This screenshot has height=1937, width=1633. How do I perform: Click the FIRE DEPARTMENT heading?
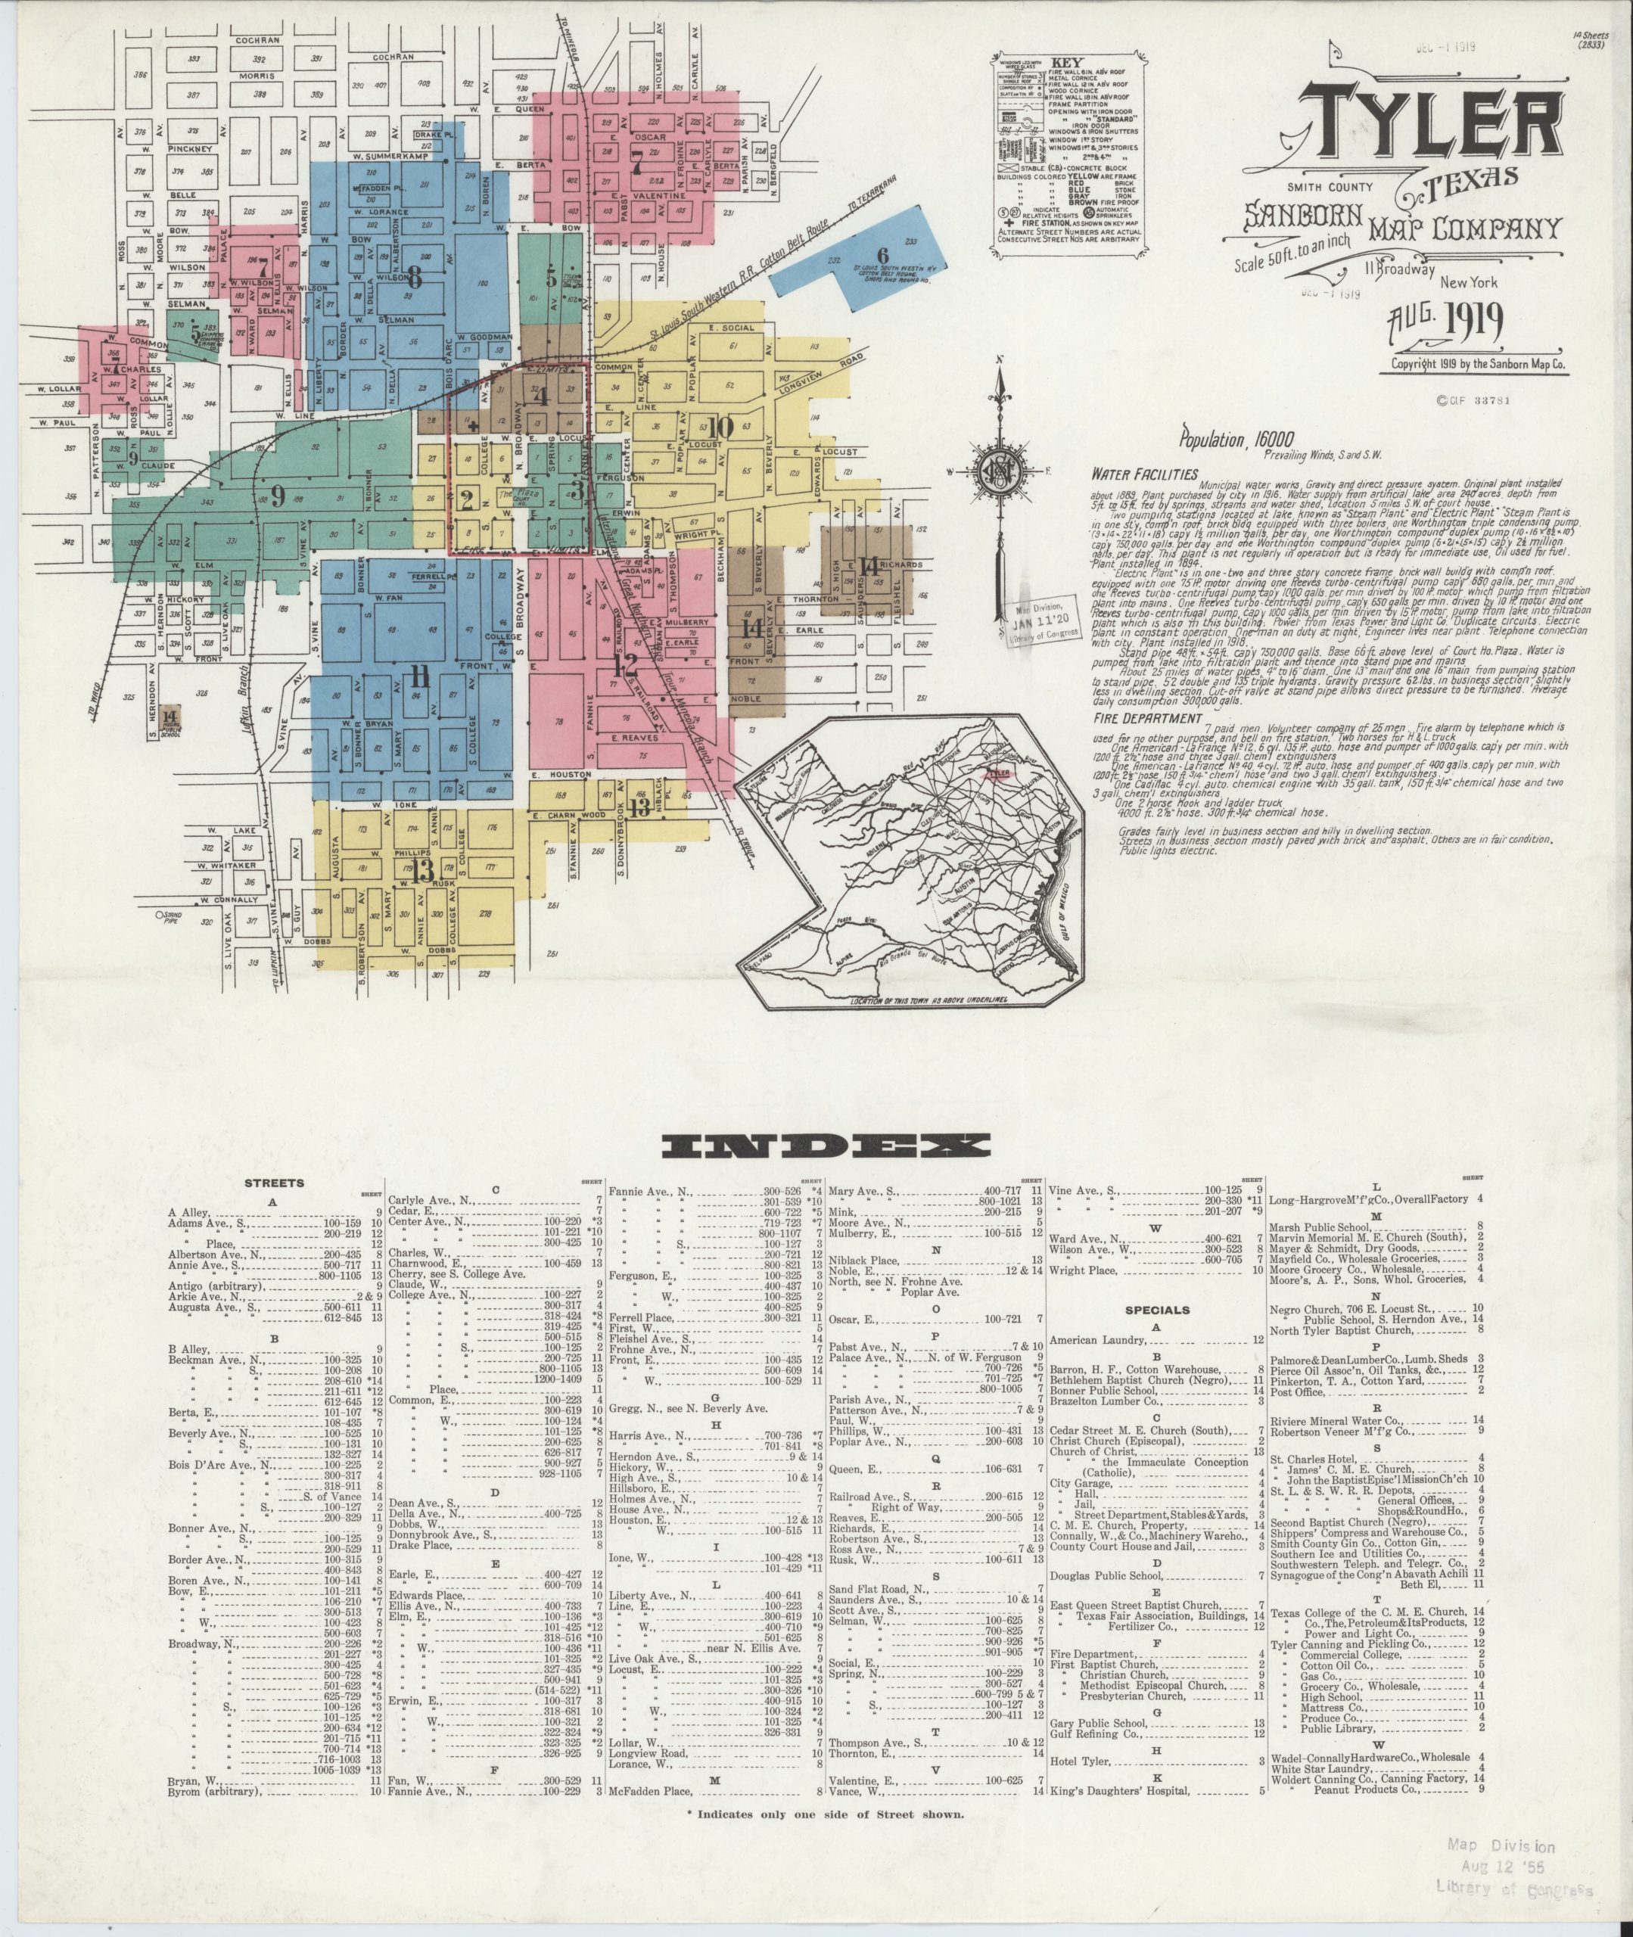[x=1147, y=717]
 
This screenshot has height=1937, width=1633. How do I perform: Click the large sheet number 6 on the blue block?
[x=882, y=256]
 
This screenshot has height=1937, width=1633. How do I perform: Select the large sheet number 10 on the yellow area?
[x=722, y=427]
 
